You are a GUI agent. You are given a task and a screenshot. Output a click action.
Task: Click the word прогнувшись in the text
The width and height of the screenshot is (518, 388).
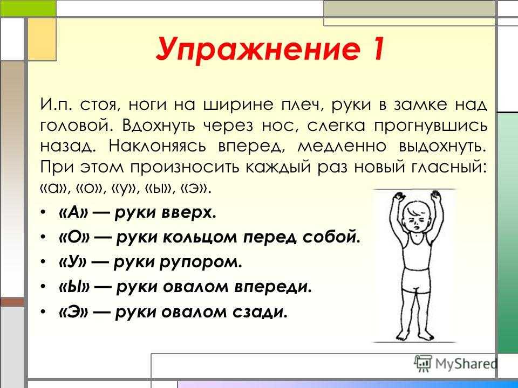[x=431, y=126]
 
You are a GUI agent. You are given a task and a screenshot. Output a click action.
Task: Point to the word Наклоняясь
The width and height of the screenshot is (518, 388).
[x=157, y=147]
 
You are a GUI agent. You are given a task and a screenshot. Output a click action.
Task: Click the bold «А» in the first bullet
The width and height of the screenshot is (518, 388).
[x=74, y=212]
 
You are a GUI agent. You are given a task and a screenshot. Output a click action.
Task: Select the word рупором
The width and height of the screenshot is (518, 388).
[x=201, y=262]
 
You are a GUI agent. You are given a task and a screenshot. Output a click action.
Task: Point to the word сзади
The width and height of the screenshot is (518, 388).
[x=260, y=312]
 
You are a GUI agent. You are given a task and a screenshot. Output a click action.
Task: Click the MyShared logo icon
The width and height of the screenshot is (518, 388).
[x=423, y=363]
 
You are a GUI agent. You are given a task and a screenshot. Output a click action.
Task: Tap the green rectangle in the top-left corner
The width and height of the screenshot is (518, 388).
[x=28, y=8]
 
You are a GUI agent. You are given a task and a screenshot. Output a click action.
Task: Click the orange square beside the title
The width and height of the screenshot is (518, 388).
[x=42, y=39]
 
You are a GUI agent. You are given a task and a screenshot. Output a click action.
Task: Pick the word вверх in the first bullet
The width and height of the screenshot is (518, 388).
[x=189, y=213]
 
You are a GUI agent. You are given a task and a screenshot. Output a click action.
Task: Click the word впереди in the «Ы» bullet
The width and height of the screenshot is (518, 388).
[x=273, y=287]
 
